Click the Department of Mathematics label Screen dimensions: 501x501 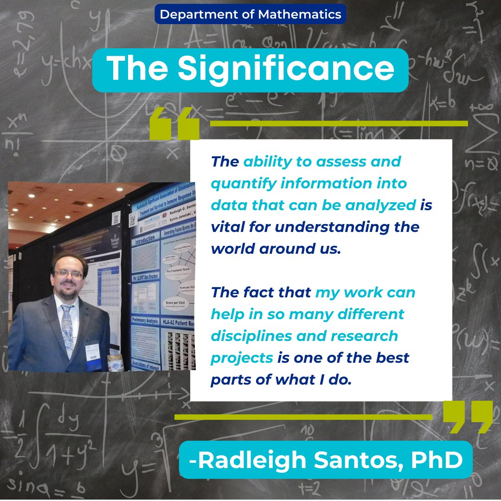250,14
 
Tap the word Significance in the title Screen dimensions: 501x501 286,70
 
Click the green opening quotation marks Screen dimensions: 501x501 174,123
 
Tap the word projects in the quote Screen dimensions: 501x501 242,357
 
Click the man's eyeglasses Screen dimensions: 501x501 68,274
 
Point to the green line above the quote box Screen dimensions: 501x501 339,123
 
